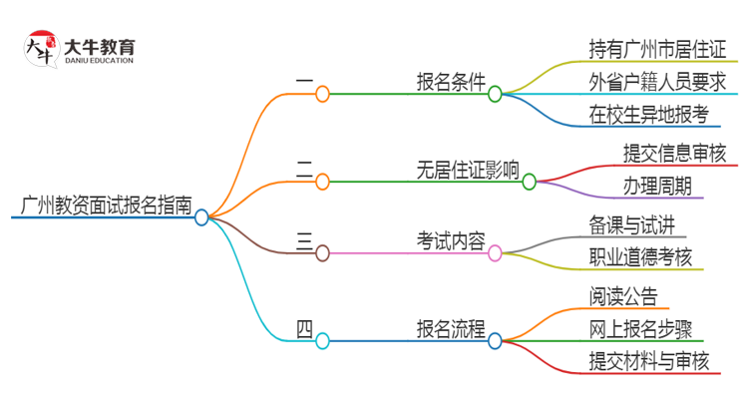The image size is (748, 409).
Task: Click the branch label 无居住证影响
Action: pos(467,170)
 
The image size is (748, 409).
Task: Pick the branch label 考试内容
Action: pos(452,240)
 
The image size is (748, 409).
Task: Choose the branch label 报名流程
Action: pos(452,328)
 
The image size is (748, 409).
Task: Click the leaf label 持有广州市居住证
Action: pos(658,48)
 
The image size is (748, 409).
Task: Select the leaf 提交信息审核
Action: pos(674,153)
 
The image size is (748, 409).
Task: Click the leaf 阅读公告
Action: pos(623,295)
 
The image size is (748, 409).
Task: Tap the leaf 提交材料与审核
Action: pos(649,361)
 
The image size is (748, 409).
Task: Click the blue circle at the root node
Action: pos(201,217)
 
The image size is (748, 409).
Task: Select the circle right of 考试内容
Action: pos(495,253)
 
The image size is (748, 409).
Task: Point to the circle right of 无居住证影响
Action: pos(529,182)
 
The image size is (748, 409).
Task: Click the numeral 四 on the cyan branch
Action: pos(304,328)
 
